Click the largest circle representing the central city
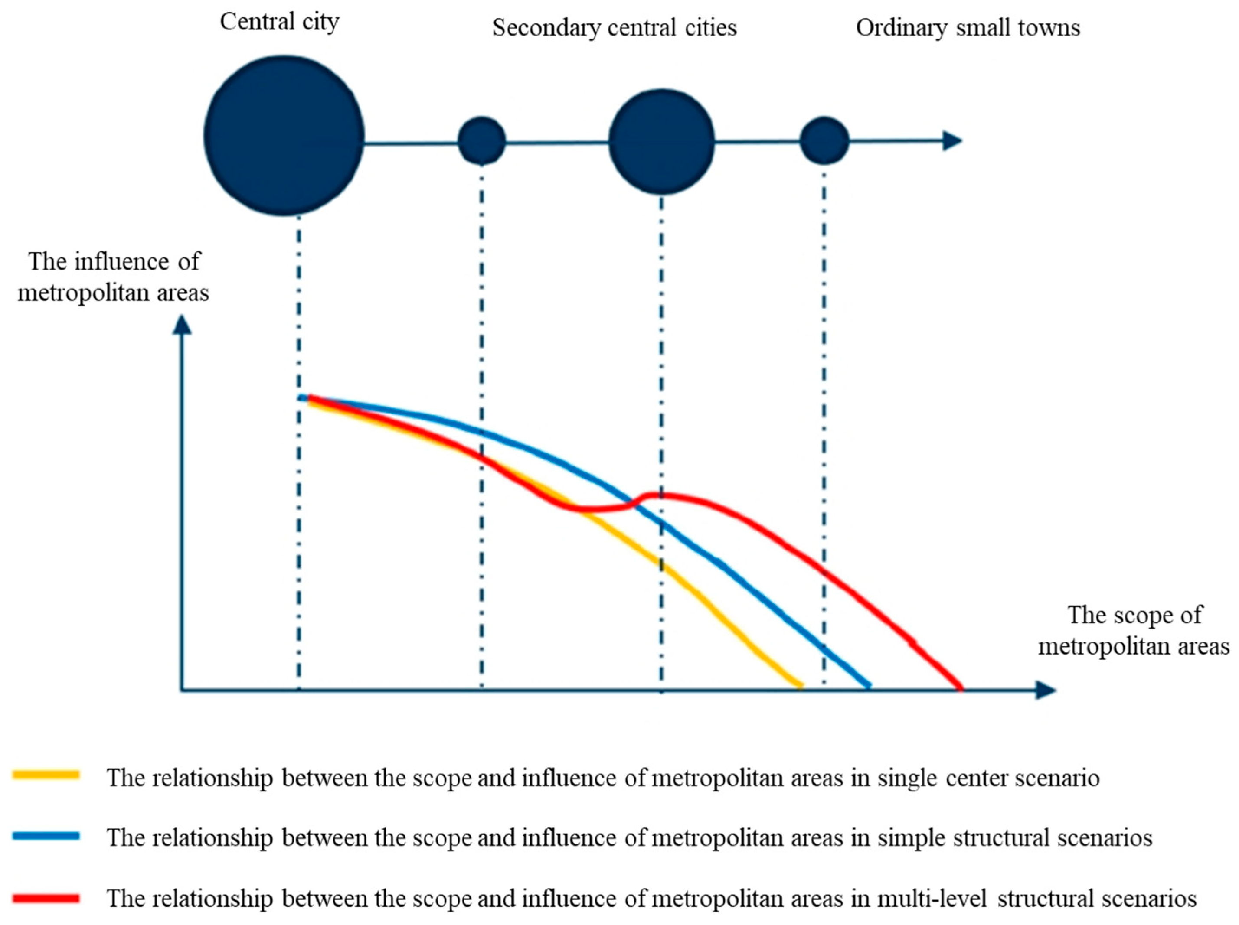click(x=284, y=136)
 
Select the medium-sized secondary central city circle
click(x=661, y=142)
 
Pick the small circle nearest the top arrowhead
click(x=824, y=140)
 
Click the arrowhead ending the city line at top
click(x=953, y=140)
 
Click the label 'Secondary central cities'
click(x=614, y=28)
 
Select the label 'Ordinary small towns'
click(x=968, y=28)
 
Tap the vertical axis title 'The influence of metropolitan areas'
click(x=113, y=277)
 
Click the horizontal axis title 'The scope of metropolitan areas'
click(x=1134, y=631)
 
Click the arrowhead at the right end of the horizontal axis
click(x=1045, y=690)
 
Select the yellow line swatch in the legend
click(x=46, y=775)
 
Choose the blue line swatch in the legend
click(x=46, y=836)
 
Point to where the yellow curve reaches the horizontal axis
click(x=801, y=687)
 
